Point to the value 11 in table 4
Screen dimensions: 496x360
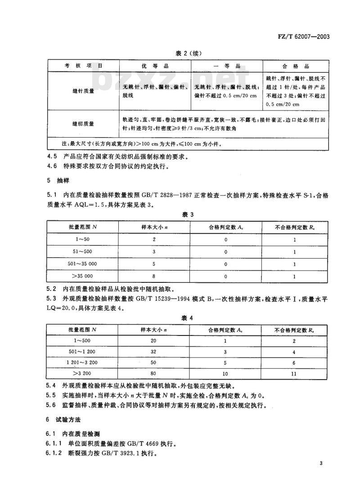point(294,373)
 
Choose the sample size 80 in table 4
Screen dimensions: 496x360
point(154,373)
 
